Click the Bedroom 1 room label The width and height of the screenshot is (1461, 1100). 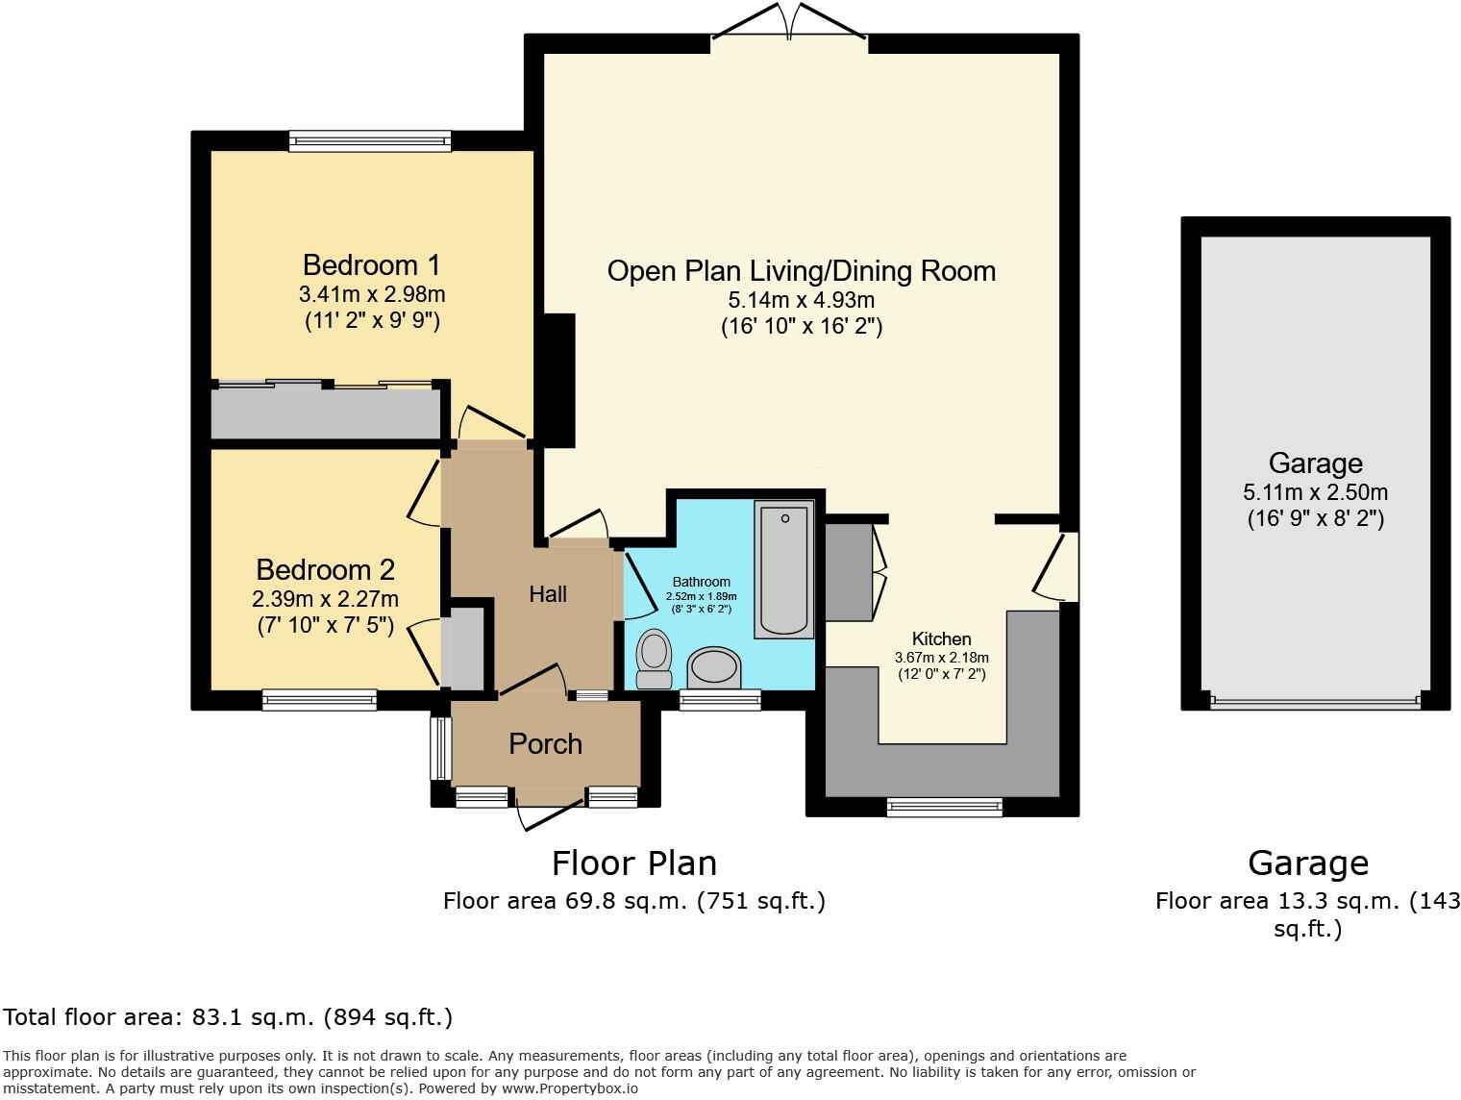coord(371,265)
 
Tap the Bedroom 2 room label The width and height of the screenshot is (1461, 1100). coord(326,570)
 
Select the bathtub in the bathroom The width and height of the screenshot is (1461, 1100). coord(784,569)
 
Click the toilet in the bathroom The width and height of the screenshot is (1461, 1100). coord(655,660)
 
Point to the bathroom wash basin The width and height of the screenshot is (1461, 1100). coord(714,667)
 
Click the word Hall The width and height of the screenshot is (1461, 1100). coord(548,594)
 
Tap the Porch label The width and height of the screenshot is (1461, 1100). coord(545,744)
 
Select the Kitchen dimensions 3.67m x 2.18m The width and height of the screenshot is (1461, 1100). coord(941,657)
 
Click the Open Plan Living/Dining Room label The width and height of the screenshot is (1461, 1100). coord(802,271)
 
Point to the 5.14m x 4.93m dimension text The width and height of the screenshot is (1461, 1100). coord(802,300)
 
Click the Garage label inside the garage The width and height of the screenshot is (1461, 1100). coord(1315,462)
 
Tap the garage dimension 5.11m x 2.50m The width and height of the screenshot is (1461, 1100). coord(1315,492)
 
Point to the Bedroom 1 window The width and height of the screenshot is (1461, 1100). coord(370,140)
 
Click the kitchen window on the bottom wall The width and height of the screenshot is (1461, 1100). coord(945,807)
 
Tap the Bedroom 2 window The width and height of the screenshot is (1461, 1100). coord(319,700)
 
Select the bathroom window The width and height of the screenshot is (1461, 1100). coord(720,700)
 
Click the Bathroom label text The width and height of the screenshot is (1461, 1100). coord(701,582)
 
